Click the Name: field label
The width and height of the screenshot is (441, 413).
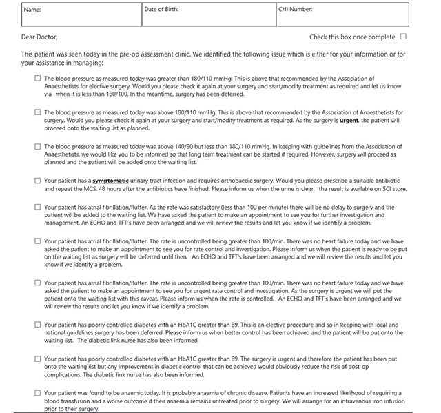(x=32, y=10)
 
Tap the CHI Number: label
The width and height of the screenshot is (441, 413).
(x=296, y=10)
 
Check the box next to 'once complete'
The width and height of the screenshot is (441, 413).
(x=404, y=37)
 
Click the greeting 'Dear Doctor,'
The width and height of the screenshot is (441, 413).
(x=40, y=37)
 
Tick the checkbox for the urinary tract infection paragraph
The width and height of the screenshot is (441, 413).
(x=38, y=181)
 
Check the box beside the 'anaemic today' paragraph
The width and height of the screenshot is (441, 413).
(x=38, y=393)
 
